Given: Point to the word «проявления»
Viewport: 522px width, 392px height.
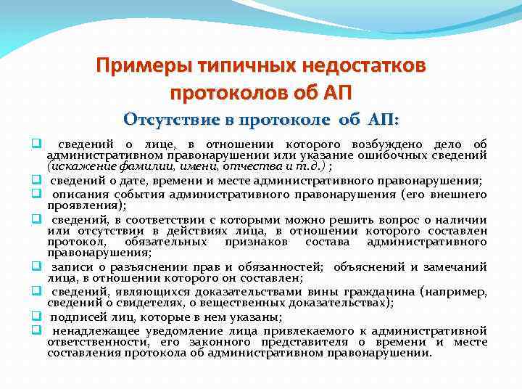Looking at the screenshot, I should click(78, 205).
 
